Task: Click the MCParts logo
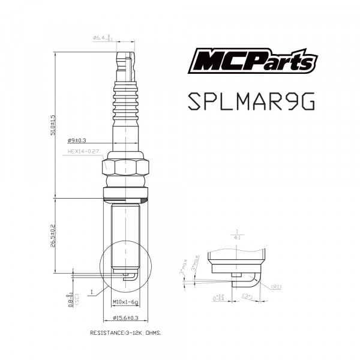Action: (x=254, y=61)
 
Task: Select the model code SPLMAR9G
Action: (x=251, y=101)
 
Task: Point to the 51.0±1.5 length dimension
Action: (x=53, y=125)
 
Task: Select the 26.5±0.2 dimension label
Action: (x=53, y=236)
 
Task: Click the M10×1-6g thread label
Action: (x=126, y=302)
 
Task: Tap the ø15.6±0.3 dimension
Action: (x=126, y=317)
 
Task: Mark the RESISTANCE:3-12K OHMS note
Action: (x=125, y=332)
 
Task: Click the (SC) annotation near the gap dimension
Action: (x=77, y=298)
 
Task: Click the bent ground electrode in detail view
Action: (x=250, y=281)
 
